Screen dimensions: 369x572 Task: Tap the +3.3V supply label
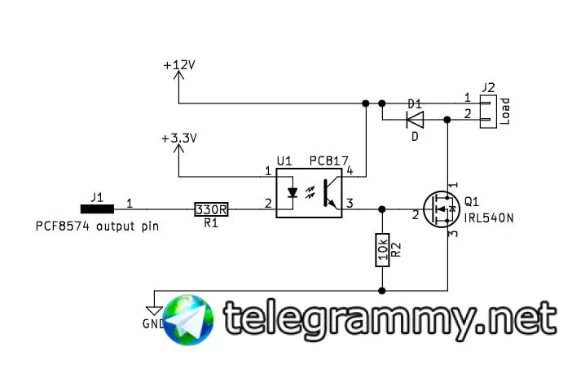pos(180,138)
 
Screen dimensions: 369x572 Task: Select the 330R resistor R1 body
pos(211,209)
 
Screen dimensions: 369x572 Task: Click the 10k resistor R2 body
pos(381,249)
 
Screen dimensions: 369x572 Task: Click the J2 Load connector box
pos(487,111)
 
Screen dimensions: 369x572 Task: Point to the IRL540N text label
pos(491,217)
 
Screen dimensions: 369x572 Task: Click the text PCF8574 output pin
pos(97,226)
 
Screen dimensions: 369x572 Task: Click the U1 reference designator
pos(284,160)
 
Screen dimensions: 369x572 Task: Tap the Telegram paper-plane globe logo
pos(189,321)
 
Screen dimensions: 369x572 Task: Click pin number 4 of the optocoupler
pos(349,171)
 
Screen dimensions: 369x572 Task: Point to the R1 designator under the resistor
pos(211,223)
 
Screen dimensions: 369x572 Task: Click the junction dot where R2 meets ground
pos(381,289)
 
